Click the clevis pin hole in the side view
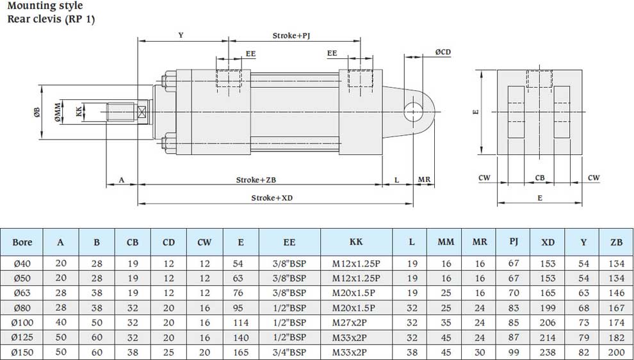coord(413,111)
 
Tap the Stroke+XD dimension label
coord(272,198)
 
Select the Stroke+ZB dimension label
coord(256,179)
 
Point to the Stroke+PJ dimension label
coord(291,36)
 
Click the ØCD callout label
coord(443,52)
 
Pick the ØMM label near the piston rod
coord(58,112)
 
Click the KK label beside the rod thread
coord(79,111)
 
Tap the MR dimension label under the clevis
coord(424,179)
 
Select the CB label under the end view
coord(540,177)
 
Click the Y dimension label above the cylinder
coord(181,35)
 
